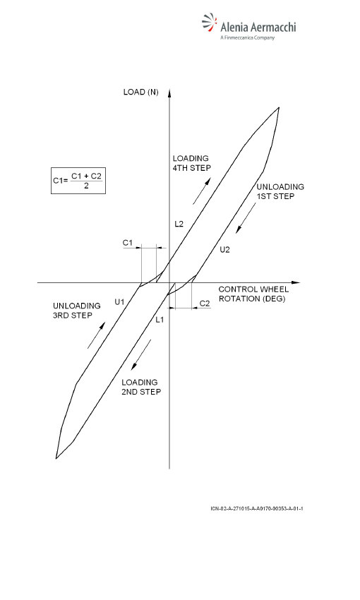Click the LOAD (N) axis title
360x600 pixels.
(x=140, y=92)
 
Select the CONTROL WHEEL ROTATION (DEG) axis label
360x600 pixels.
(x=253, y=294)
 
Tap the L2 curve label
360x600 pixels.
(x=179, y=224)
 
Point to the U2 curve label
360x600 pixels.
(x=225, y=250)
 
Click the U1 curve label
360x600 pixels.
(x=120, y=302)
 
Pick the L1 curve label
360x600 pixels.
(x=160, y=320)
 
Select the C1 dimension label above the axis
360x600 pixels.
(x=128, y=243)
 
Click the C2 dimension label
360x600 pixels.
(x=205, y=304)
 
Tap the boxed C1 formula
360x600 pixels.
(x=78, y=181)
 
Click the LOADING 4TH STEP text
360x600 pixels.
(x=192, y=163)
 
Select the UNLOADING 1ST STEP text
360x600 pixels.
(x=280, y=192)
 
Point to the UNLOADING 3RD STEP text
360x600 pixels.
(x=76, y=311)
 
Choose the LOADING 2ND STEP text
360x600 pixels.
(x=141, y=387)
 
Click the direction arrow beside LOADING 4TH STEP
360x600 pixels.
(x=202, y=191)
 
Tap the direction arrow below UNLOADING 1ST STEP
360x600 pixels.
(x=246, y=217)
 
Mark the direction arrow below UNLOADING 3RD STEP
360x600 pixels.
(x=97, y=335)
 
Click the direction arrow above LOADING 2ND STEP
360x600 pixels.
(x=141, y=355)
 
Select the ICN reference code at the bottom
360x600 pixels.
(x=257, y=508)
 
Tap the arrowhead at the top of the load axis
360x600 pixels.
(x=169, y=92)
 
